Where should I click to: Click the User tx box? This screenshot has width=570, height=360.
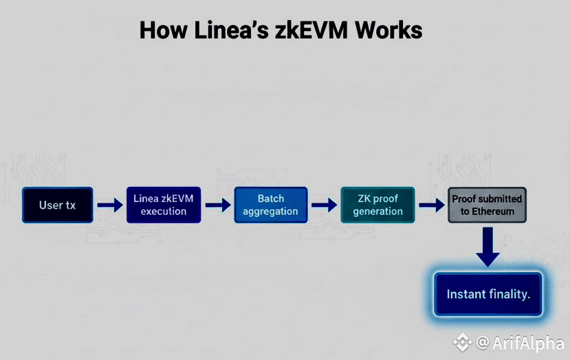(x=57, y=205)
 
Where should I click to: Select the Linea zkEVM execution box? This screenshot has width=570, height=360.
(x=164, y=205)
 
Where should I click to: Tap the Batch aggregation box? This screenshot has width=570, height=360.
(x=271, y=205)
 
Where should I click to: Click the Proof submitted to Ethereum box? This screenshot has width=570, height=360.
(x=487, y=205)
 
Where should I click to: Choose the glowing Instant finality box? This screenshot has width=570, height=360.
(x=488, y=294)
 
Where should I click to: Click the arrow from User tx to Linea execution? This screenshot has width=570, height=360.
(x=110, y=205)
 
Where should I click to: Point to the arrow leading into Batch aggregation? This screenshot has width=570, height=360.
(x=217, y=205)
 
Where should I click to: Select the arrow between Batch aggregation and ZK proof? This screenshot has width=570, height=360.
(x=323, y=205)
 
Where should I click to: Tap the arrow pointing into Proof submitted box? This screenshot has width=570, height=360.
(x=431, y=205)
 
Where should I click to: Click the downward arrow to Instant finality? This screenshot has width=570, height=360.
(x=488, y=247)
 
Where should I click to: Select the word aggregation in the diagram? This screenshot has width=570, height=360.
(x=271, y=212)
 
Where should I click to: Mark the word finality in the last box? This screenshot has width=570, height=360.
(x=507, y=294)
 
